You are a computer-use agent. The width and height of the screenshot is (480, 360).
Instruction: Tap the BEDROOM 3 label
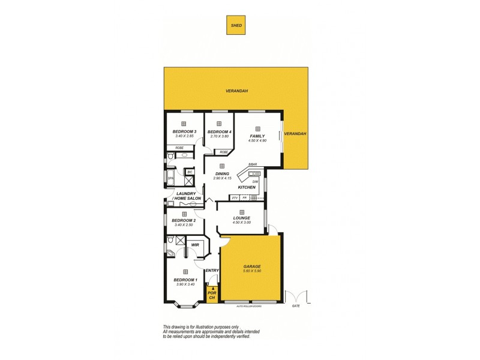point(184,131)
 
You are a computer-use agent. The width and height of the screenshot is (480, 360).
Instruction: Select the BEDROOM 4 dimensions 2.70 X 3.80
point(220,136)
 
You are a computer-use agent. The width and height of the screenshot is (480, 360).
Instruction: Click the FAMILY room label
point(257,136)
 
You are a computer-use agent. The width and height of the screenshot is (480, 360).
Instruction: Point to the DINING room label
point(222,174)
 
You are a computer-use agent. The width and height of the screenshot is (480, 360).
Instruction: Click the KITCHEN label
point(247,188)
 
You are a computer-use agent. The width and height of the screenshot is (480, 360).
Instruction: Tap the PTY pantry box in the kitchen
point(235,197)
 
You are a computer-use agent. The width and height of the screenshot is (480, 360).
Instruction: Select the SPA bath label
point(170,178)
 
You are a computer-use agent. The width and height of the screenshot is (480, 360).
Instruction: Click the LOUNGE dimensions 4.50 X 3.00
point(241,223)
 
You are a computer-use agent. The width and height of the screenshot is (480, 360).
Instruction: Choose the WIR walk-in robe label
point(195,245)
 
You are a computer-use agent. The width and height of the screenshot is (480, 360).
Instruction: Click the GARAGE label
point(251,266)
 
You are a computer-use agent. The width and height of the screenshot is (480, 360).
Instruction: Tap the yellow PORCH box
point(211,295)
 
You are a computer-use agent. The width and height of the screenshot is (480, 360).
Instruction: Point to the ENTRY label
point(212,271)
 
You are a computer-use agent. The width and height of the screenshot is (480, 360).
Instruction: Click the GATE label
point(295,305)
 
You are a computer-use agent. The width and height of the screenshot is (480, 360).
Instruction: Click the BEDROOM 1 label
point(185,280)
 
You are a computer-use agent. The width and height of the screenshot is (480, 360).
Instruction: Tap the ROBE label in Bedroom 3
point(179,148)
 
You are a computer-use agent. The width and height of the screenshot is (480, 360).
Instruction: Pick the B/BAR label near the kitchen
point(253,164)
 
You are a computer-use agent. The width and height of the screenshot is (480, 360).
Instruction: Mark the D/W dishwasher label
point(255,181)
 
